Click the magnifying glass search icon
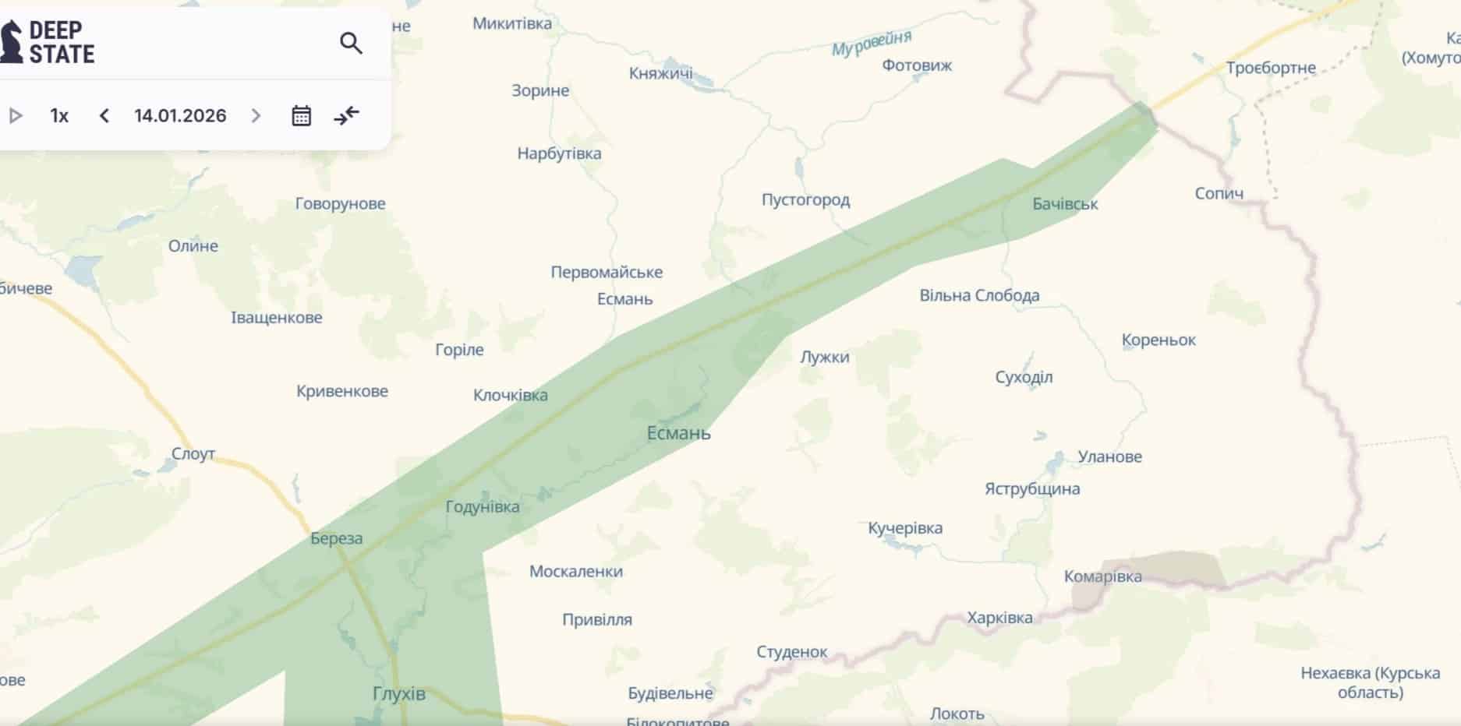351,43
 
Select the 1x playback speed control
59,116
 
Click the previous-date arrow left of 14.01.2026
104,116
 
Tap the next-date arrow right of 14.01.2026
256,116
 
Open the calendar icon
301,116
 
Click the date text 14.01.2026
180,116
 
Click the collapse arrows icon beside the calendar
346,116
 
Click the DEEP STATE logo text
61,42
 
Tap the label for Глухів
399,693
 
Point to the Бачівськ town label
1065,204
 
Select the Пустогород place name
805,199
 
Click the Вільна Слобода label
979,295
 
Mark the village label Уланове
1109,456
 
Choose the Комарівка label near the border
1102,576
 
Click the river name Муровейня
871,44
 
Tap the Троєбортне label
1271,68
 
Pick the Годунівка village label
482,506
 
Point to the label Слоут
193,453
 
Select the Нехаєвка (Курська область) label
1370,682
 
